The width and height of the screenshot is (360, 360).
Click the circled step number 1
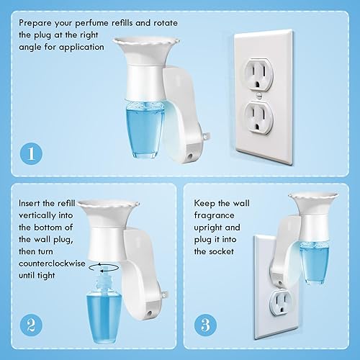click(30, 153)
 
